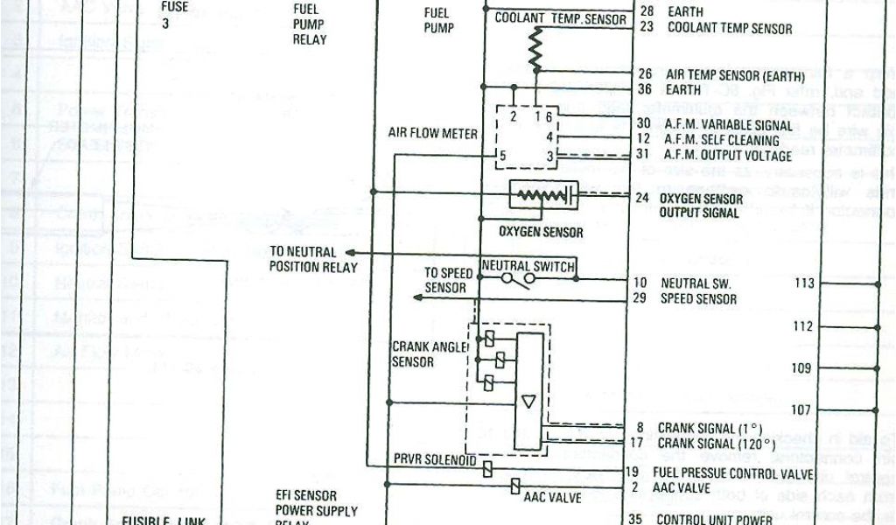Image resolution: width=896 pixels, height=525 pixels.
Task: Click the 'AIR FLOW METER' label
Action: pyautogui.click(x=432, y=134)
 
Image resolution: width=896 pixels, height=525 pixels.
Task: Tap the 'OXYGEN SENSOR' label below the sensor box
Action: pyautogui.click(x=540, y=233)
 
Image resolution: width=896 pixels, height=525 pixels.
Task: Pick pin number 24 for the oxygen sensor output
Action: pyautogui.click(x=642, y=198)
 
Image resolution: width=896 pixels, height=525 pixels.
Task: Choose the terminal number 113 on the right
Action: pyautogui.click(x=803, y=283)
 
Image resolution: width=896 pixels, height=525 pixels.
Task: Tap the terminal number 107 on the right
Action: pyautogui.click(x=801, y=409)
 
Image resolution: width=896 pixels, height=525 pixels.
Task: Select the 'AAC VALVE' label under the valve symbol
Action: pyautogui.click(x=552, y=498)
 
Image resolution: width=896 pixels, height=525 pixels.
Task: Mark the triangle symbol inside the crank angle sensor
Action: pyautogui.click(x=528, y=401)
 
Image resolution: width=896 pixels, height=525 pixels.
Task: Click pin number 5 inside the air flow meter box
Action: pyautogui.click(x=502, y=157)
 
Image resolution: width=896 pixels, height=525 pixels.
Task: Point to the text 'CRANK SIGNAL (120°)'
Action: pyautogui.click(x=716, y=444)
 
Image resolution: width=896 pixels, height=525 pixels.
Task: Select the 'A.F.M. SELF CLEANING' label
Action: pyautogui.click(x=721, y=139)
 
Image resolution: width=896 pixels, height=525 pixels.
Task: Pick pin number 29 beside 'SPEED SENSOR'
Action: pyautogui.click(x=640, y=298)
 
